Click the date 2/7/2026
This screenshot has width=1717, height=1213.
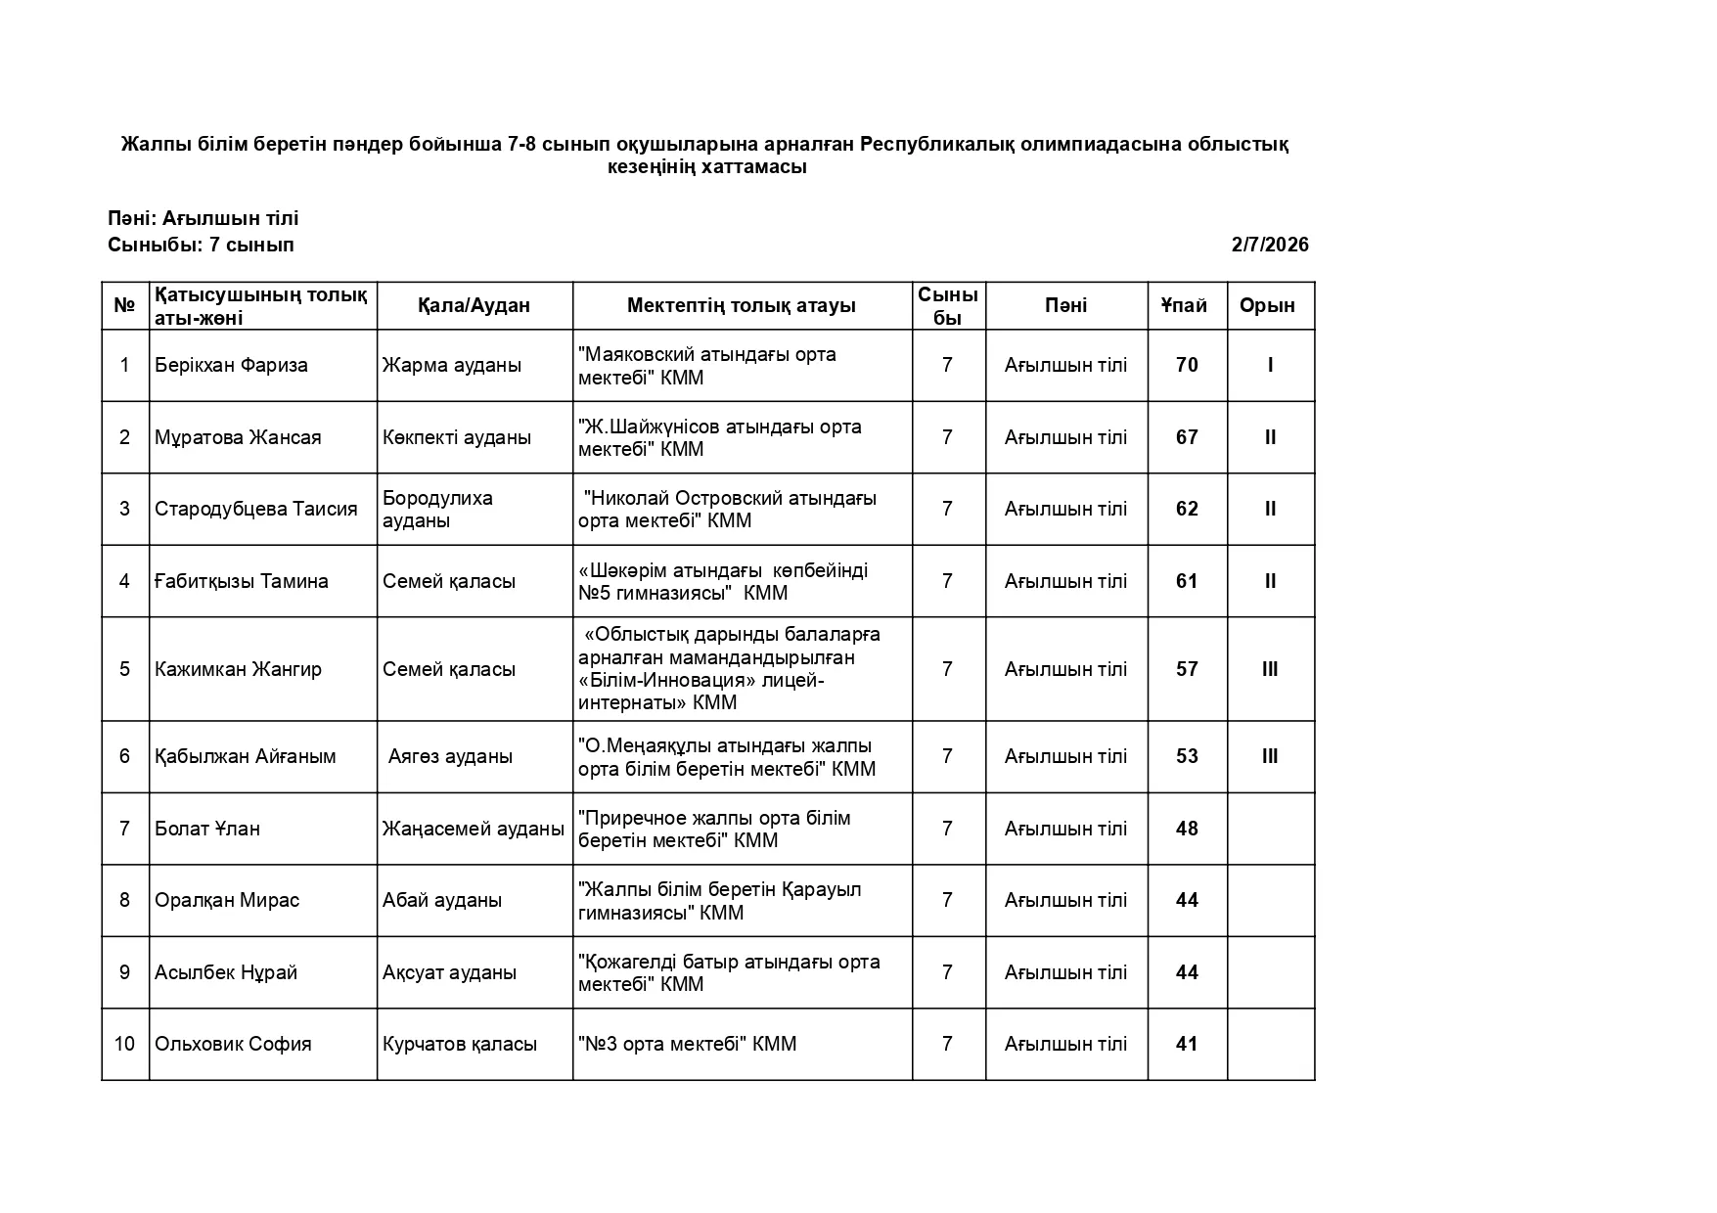click(1269, 245)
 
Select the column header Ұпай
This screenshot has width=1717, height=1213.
click(1185, 305)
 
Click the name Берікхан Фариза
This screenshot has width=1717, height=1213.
click(231, 365)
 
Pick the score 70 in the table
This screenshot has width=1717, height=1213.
click(1187, 365)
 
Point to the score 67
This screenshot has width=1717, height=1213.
click(1187, 437)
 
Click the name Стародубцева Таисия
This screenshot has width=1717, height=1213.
click(256, 509)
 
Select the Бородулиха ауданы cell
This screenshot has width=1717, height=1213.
click(437, 509)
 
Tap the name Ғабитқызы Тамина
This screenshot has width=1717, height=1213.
click(242, 581)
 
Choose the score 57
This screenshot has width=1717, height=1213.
click(1187, 669)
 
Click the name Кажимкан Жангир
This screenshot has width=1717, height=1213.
click(238, 669)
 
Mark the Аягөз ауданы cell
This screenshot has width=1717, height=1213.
click(450, 756)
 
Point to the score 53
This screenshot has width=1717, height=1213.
click(1187, 756)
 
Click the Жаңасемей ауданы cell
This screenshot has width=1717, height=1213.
click(474, 829)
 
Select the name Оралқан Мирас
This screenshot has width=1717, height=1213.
click(227, 900)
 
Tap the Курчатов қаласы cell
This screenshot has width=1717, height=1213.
click(460, 1044)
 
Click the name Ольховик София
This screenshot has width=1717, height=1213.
click(233, 1044)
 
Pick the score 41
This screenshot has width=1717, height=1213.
click(1187, 1044)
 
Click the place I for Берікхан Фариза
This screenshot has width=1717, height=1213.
click(1270, 365)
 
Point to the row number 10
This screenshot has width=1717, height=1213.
click(124, 1044)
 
